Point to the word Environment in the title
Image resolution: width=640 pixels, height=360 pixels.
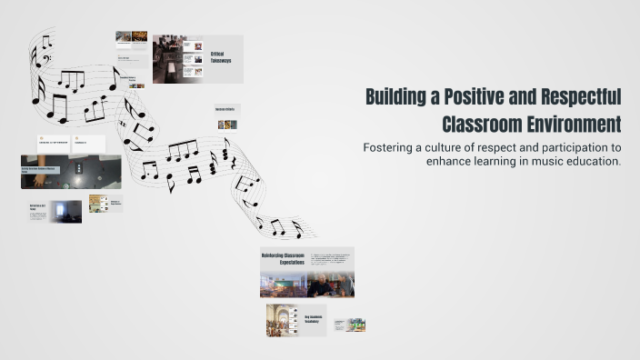pyautogui.click(x=575, y=123)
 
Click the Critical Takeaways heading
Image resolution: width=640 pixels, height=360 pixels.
pyautogui.click(x=221, y=57)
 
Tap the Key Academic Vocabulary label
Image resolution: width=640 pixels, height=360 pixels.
pyautogui.click(x=314, y=320)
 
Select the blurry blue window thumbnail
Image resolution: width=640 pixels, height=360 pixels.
pyautogui.click(x=65, y=211)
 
